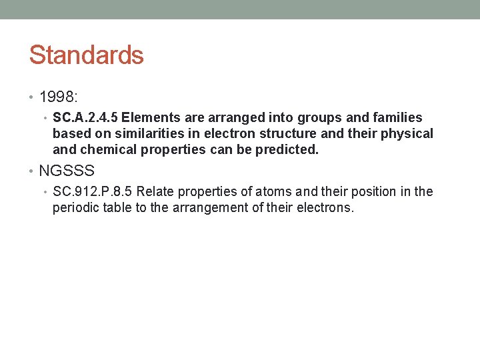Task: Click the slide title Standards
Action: [x=86, y=55]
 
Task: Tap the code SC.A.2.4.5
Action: [x=86, y=117]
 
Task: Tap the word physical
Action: [x=407, y=133]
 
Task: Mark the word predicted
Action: [x=288, y=149]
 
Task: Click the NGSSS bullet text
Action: [x=67, y=171]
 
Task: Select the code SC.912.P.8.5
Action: [x=93, y=192]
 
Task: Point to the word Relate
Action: [x=157, y=192]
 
